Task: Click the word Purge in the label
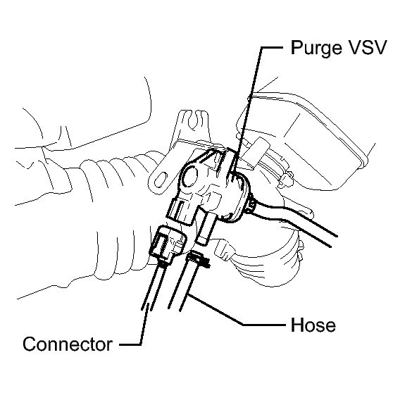pyautogui.click(x=316, y=48)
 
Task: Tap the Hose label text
pyautogui.click(x=313, y=325)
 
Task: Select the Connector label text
pyautogui.click(x=68, y=344)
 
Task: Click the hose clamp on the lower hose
pyautogui.click(x=198, y=258)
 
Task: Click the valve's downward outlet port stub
pyautogui.click(x=206, y=227)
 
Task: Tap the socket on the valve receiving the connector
pyautogui.click(x=180, y=210)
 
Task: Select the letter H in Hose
pyautogui.click(x=297, y=325)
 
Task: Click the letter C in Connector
pyautogui.click(x=30, y=344)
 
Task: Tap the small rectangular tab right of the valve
pyautogui.click(x=258, y=153)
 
